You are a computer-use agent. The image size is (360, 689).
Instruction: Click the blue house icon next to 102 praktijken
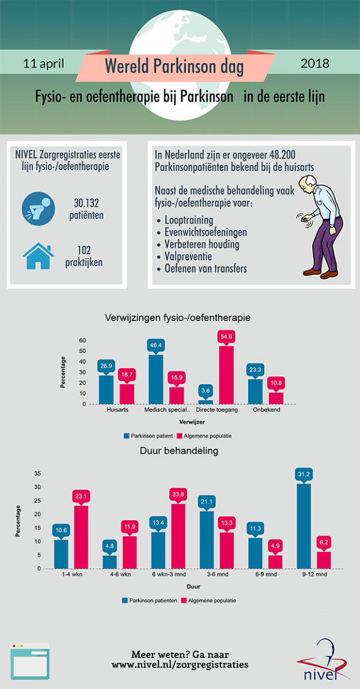coord(38,256)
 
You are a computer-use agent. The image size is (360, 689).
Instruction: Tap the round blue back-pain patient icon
coord(38,208)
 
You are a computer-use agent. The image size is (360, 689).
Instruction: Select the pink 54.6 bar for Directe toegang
coord(226,374)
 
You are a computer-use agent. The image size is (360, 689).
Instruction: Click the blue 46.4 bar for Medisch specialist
coord(156,380)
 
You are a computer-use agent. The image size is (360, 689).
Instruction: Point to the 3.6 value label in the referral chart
coord(206,390)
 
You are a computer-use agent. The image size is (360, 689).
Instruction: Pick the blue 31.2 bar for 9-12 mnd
coord(304,526)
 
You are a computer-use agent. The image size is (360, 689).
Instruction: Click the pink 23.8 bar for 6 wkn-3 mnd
coord(178,536)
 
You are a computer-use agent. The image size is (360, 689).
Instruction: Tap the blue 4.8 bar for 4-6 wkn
coord(110,562)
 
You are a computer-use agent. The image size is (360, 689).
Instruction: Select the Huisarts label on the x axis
coord(117,410)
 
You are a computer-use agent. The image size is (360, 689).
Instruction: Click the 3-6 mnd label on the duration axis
coord(218,574)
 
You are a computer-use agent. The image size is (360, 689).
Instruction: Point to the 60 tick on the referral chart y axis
coord(83,340)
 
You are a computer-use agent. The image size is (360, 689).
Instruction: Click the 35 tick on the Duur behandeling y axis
coord(37,473)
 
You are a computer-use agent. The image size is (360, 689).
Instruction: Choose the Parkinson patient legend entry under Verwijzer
coord(148,436)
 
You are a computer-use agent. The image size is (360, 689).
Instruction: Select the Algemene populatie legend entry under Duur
coord(208,601)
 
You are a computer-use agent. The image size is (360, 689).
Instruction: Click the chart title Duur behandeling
coord(179,451)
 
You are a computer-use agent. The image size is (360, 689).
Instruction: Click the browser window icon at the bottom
coord(30,661)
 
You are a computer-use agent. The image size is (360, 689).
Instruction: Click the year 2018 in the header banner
coord(315,63)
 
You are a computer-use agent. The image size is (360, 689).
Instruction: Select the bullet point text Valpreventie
coord(188,256)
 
